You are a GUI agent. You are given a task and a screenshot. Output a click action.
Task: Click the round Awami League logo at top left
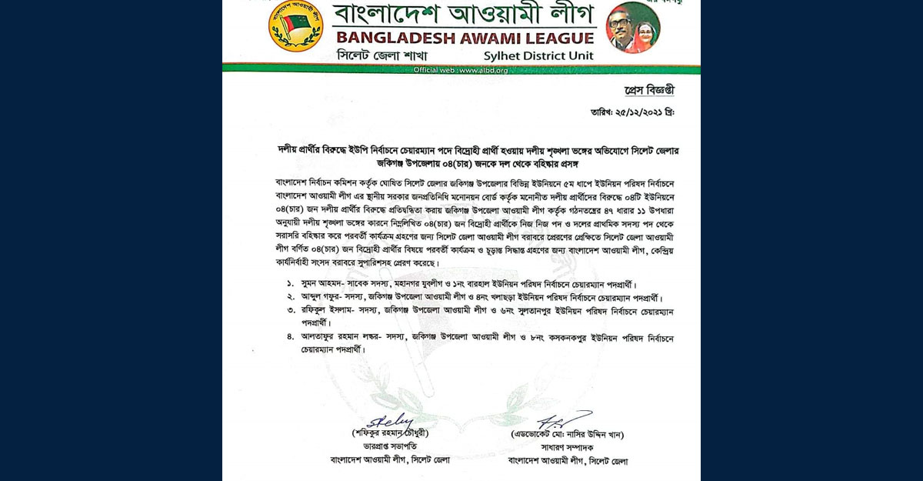[295, 26]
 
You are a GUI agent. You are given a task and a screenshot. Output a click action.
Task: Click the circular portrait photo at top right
[632, 28]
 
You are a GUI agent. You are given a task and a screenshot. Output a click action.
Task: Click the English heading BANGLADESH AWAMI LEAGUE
[464, 38]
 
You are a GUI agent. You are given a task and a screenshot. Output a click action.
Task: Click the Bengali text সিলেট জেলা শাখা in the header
[382, 56]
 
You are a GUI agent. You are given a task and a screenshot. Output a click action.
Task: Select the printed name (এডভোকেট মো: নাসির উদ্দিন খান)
[567, 434]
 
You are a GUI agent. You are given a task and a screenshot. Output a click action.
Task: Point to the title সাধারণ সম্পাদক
[568, 447]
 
